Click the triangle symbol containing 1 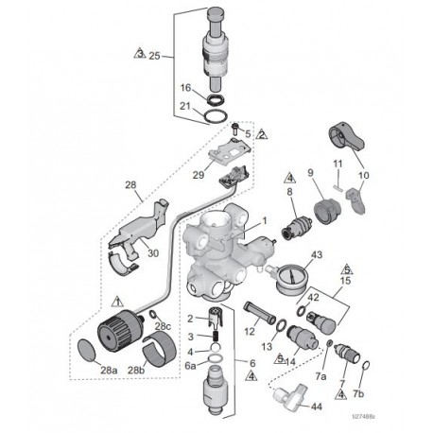(115, 301)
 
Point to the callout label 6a (190, 365)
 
